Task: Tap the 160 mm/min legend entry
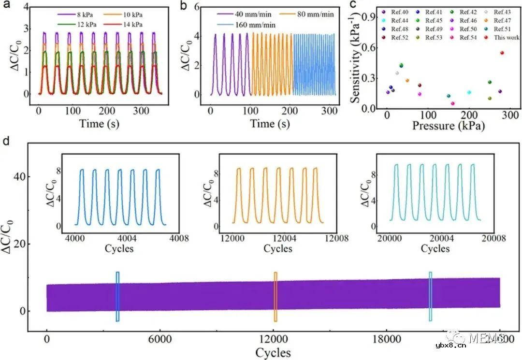254,25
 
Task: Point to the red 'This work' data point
502,53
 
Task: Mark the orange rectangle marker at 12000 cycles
275,297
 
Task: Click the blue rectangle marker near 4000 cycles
117,297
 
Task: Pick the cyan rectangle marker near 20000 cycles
430,297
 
